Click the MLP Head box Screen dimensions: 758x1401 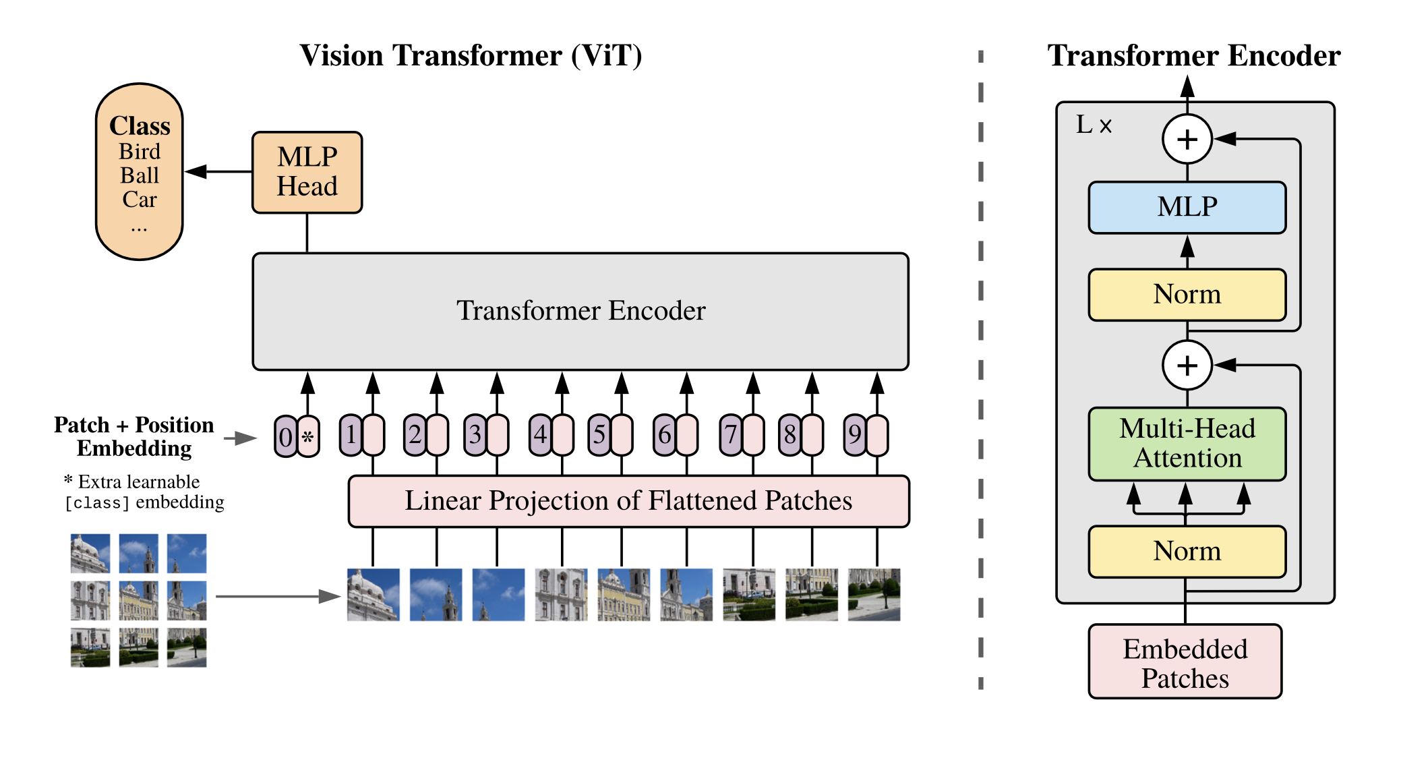[307, 172]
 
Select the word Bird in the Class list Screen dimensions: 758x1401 [140, 152]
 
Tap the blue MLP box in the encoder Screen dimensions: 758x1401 [1187, 207]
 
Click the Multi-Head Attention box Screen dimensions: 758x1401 [1187, 443]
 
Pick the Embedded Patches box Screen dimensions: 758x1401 [1185, 662]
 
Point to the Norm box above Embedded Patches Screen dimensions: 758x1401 [1187, 551]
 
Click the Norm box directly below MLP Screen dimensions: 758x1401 [1187, 294]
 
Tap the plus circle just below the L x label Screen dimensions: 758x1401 [1187, 139]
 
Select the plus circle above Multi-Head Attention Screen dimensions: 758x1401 [1187, 365]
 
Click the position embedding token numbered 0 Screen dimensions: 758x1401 [285, 436]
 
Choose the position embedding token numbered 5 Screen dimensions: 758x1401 [599, 435]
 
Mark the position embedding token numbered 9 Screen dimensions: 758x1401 [854, 435]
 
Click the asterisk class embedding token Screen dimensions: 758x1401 [308, 436]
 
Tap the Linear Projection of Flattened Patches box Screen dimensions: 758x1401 [628, 501]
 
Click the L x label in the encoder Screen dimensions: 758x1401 [1094, 125]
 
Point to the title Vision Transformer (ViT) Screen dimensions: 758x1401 [471, 55]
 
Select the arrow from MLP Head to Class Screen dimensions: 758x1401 [218, 172]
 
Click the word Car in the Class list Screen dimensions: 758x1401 [140, 200]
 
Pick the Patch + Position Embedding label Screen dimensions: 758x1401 [134, 436]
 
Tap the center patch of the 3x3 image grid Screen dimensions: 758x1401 [138, 600]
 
